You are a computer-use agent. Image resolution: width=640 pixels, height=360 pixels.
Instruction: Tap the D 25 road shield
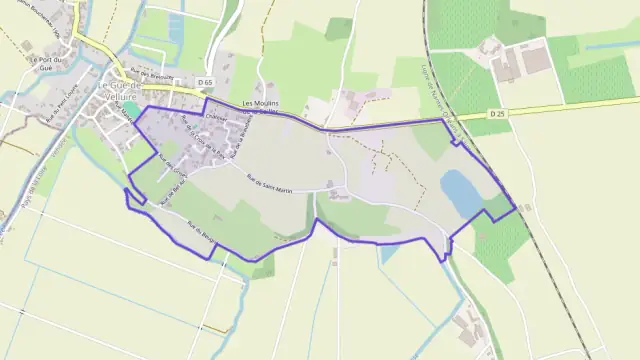click(x=497, y=114)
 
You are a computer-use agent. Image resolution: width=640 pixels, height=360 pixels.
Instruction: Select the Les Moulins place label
click(x=261, y=104)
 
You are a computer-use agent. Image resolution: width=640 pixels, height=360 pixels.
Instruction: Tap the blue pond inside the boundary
click(x=461, y=192)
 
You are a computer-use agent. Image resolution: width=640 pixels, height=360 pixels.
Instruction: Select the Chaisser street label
click(x=216, y=116)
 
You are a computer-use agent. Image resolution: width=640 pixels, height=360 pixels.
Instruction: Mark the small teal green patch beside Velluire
click(x=131, y=108)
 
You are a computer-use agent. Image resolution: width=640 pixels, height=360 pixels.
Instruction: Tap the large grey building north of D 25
click(x=536, y=61)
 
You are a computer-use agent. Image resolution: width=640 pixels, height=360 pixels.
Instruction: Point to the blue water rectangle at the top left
click(x=176, y=30)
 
